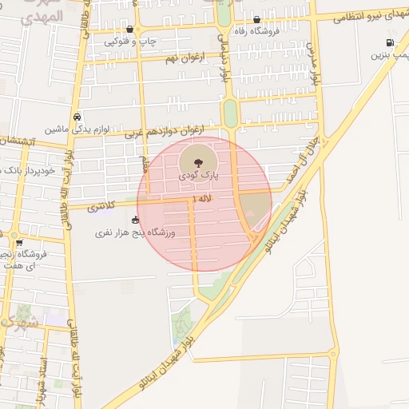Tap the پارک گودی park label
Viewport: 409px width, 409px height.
pyautogui.click(x=202, y=172)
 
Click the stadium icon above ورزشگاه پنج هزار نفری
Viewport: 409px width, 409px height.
pyautogui.click(x=135, y=220)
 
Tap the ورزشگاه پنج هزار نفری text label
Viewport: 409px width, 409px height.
pyautogui.click(x=135, y=232)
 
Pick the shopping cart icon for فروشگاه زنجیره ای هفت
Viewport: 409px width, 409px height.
pyautogui.click(x=18, y=243)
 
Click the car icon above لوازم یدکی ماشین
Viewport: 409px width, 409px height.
pyautogui.click(x=77, y=116)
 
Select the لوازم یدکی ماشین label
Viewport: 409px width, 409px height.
pyautogui.click(x=77, y=129)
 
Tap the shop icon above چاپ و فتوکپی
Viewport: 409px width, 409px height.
pyautogui.click(x=129, y=29)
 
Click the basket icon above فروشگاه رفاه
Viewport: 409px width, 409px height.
pyautogui.click(x=256, y=20)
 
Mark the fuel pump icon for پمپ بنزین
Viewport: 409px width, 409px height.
pyautogui.click(x=390, y=43)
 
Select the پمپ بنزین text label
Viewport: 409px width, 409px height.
pyautogui.click(x=390, y=56)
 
